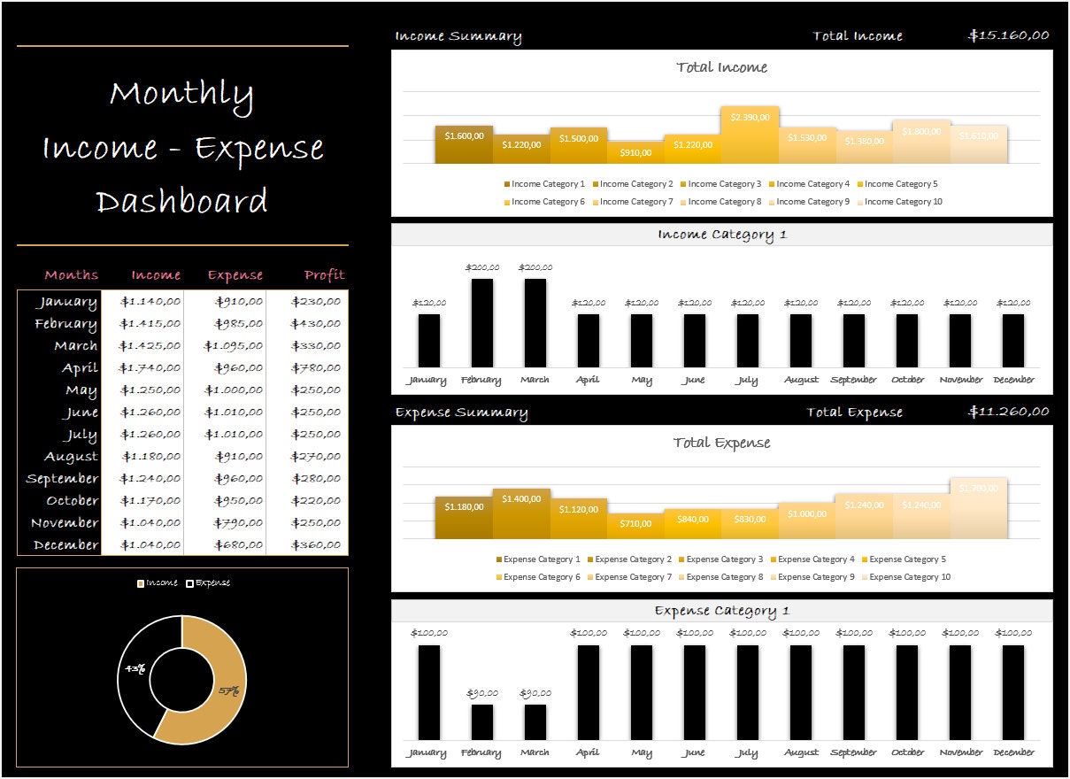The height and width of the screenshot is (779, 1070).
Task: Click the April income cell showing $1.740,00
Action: tap(150, 368)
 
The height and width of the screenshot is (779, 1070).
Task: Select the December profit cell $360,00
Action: tap(315, 545)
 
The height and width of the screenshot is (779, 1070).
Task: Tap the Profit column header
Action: tap(324, 275)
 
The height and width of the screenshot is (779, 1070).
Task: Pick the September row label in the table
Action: tap(63, 479)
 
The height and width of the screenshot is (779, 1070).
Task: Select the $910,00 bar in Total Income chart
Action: tap(635, 153)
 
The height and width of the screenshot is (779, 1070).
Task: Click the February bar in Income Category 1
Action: tap(482, 323)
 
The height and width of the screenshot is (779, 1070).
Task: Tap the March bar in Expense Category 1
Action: tap(535, 721)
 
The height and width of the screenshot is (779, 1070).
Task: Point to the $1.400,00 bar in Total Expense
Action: tap(521, 513)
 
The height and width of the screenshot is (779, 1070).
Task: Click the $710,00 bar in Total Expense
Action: tap(635, 526)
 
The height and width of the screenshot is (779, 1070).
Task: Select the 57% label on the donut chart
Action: tap(228, 691)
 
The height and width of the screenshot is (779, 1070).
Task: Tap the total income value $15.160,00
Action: tap(1009, 35)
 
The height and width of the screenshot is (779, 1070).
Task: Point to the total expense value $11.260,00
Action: tap(1009, 412)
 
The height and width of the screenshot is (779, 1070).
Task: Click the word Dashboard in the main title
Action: tap(181, 202)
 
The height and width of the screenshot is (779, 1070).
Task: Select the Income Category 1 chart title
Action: tap(722, 235)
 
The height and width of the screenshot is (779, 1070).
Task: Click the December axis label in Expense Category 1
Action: tap(1013, 752)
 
